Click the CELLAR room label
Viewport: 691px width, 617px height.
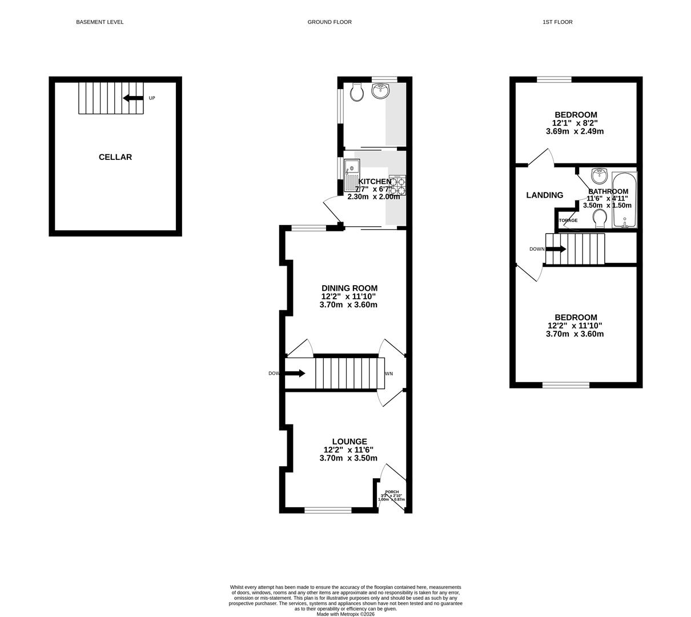point(115,157)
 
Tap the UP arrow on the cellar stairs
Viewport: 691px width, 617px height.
point(133,98)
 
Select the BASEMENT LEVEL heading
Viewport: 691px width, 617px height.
point(100,22)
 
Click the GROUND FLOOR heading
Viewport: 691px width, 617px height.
point(330,22)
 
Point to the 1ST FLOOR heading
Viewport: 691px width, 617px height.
point(557,22)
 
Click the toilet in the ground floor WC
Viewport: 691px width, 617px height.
point(357,92)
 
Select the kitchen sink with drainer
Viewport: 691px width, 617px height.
point(352,175)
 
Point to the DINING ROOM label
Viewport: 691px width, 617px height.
point(349,289)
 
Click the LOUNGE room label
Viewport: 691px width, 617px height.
point(349,442)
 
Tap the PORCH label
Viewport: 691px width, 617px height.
point(392,492)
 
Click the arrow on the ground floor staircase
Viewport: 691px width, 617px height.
point(295,374)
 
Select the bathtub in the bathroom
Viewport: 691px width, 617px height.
point(624,200)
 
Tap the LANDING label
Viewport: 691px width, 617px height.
point(544,195)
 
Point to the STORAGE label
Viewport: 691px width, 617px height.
point(567,221)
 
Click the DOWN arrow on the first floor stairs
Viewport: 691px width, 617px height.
point(556,249)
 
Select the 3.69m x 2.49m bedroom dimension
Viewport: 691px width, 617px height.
point(575,131)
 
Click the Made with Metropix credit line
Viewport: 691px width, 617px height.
point(345,614)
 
